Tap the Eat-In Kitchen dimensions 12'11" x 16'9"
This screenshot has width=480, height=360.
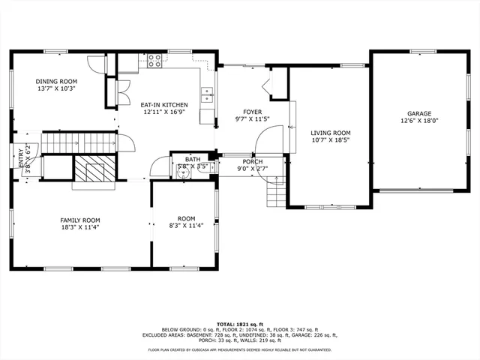pyautogui.click(x=159, y=112)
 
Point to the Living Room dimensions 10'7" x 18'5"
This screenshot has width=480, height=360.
pyautogui.click(x=330, y=139)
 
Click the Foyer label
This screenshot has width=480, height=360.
pyautogui.click(x=251, y=111)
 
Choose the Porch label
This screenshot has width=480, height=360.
pyautogui.click(x=252, y=162)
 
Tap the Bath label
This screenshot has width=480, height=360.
pyautogui.click(x=193, y=159)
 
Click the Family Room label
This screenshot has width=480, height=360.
pyautogui.click(x=80, y=220)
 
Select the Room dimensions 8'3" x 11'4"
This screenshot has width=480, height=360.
pyautogui.click(x=181, y=226)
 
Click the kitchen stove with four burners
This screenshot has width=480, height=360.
pyautogui.click(x=155, y=60)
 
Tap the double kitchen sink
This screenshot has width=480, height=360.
pyautogui.click(x=207, y=94)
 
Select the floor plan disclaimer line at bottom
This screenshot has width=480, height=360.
pyautogui.click(x=239, y=349)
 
